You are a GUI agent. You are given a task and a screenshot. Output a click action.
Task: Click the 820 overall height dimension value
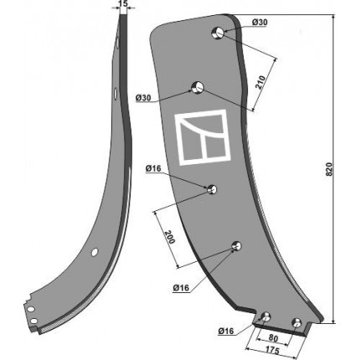point(330,169)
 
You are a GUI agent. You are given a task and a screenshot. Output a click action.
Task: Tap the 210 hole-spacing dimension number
point(261,82)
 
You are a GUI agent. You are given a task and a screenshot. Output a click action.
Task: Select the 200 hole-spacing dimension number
point(170,237)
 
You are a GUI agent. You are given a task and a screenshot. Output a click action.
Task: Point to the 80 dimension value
point(273,339)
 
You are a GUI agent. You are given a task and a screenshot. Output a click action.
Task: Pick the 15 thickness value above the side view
point(123,3)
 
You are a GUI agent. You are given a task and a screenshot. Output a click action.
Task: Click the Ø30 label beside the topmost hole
point(260,23)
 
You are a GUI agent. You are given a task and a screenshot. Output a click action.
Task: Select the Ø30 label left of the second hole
point(143,98)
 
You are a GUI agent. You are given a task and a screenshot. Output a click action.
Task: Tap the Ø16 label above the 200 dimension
point(153,168)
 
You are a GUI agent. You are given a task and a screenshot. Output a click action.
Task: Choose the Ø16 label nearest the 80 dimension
point(226,332)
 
